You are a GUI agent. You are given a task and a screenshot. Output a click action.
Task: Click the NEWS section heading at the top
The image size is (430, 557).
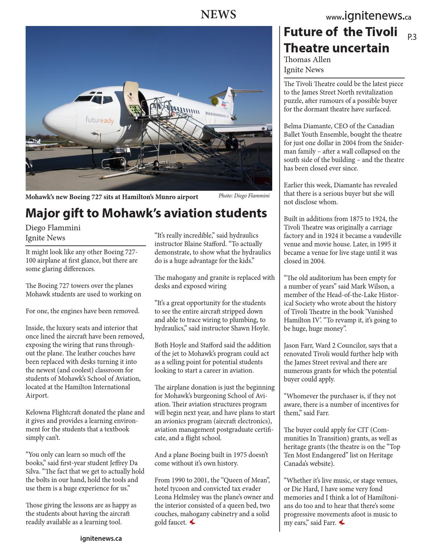(x=218, y=15)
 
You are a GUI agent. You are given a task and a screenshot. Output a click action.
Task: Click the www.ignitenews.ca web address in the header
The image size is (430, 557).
(x=368, y=16)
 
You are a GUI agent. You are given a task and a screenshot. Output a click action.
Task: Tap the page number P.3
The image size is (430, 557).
(x=412, y=37)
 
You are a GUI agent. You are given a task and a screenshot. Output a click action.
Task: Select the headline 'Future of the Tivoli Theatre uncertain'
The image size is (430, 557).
(x=340, y=40)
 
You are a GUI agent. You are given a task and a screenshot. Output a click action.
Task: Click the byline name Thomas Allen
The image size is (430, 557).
(x=307, y=60)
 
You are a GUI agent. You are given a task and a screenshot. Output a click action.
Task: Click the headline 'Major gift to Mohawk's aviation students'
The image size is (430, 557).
(x=146, y=213)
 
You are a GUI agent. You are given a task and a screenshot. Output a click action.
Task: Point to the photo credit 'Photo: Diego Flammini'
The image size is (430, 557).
(x=244, y=196)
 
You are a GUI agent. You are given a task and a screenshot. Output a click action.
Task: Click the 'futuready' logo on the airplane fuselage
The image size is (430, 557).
(x=99, y=120)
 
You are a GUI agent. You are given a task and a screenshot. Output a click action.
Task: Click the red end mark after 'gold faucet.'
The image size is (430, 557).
(x=192, y=522)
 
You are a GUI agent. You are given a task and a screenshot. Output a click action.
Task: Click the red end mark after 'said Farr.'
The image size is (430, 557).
(x=342, y=522)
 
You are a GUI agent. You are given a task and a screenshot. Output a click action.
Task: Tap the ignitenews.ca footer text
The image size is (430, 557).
(x=101, y=538)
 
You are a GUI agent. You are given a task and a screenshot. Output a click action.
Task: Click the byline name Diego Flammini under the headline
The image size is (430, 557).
(x=53, y=228)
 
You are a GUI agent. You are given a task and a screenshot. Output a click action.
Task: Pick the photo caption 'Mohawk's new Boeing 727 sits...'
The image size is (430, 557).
(x=112, y=197)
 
